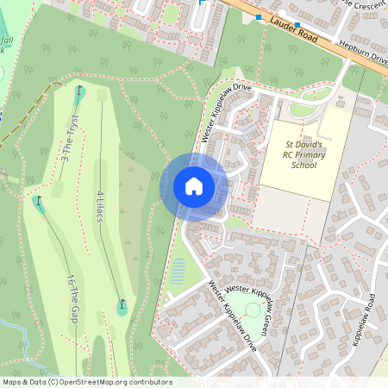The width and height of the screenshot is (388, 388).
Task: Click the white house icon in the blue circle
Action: [x=194, y=186]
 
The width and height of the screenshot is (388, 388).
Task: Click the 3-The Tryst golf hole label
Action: [x=69, y=138]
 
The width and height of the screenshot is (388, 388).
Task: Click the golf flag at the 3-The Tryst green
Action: [x=80, y=90]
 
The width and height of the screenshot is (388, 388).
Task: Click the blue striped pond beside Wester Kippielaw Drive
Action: [x=178, y=275]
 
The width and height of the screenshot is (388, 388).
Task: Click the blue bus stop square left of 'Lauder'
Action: [x=258, y=16]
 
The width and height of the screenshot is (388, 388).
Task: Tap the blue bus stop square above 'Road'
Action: [x=297, y=24]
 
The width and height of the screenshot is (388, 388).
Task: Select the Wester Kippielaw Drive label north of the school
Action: [x=226, y=113]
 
